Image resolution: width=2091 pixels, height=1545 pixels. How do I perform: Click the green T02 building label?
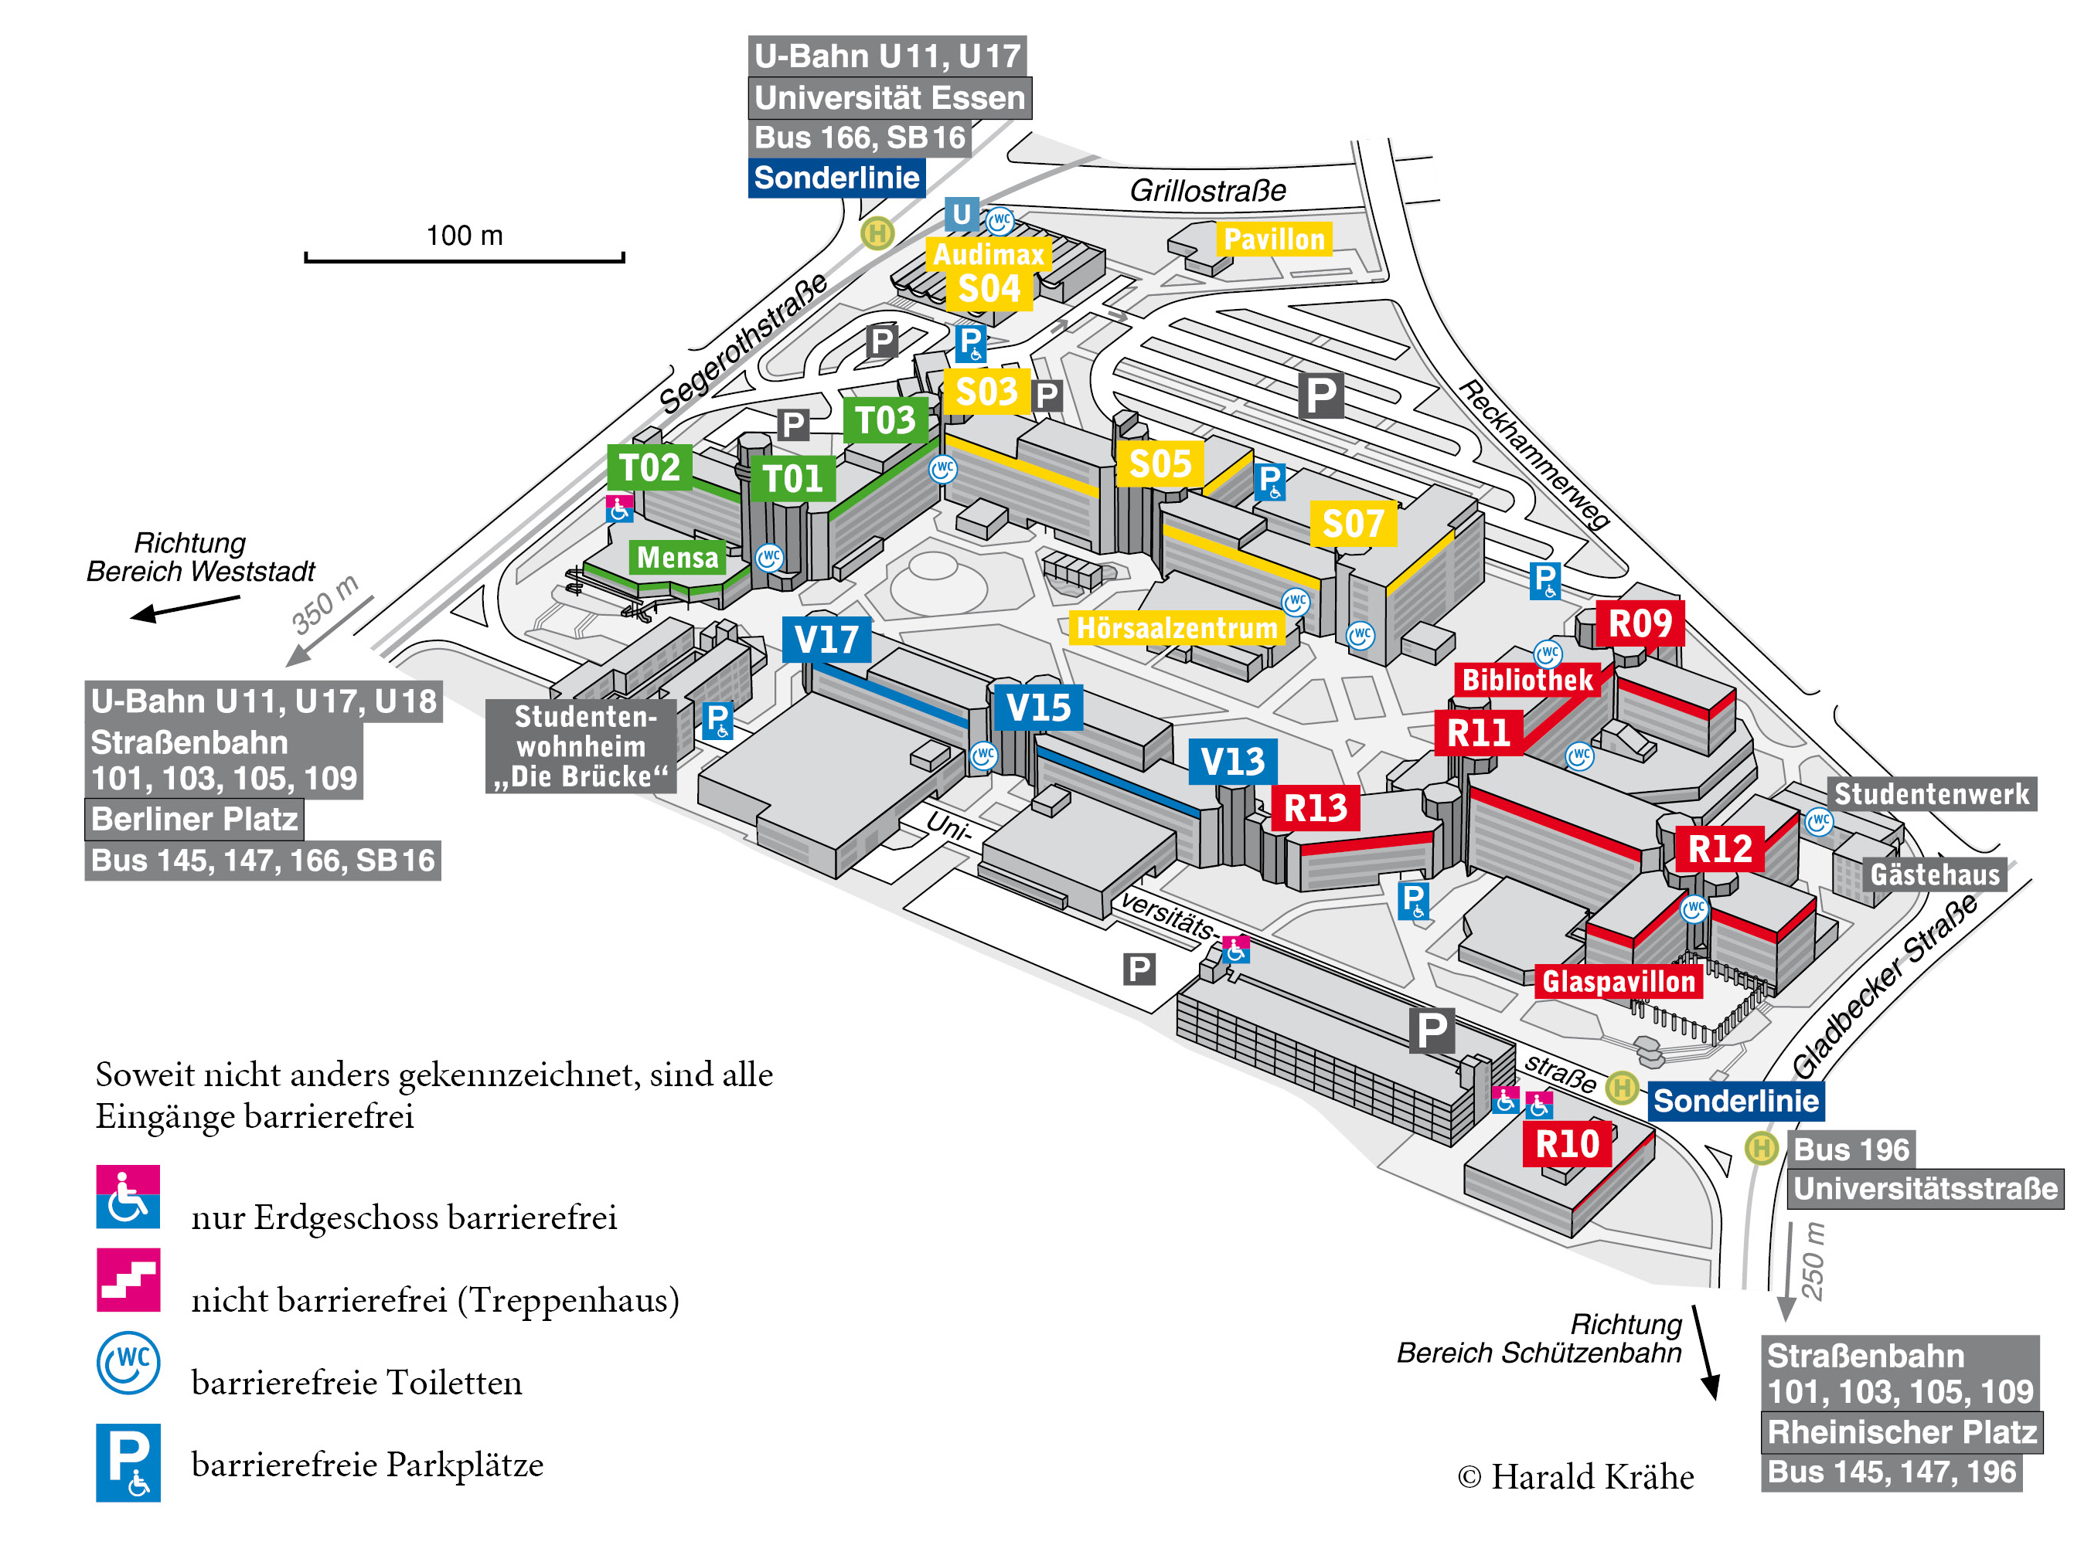(649, 467)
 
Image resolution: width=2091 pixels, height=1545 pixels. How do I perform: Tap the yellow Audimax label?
(987, 253)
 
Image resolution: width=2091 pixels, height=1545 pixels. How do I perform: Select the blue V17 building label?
(826, 640)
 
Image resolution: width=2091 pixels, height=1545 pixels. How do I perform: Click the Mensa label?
(676, 558)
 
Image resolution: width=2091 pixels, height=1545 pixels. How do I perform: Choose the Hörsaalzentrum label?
(1176, 627)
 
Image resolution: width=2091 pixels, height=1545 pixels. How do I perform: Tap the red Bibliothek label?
(1526, 680)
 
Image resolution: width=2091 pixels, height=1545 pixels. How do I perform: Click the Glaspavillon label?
(1618, 981)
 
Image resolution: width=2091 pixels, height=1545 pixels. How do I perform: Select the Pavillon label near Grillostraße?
(1273, 239)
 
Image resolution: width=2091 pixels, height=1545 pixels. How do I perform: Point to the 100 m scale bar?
(464, 256)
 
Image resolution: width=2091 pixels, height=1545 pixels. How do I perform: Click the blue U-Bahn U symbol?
(961, 214)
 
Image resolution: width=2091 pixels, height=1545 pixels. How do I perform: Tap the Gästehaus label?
(1934, 874)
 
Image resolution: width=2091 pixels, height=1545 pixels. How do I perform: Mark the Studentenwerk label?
(1931, 794)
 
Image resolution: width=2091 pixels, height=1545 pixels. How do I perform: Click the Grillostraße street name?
(1207, 191)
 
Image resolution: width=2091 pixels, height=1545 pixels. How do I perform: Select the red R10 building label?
(1567, 1144)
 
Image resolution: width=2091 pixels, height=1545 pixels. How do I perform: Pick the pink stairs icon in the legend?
(128, 1279)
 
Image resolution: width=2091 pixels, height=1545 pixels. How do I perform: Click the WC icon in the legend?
(128, 1363)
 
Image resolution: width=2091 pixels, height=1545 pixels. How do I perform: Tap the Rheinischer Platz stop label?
(1901, 1432)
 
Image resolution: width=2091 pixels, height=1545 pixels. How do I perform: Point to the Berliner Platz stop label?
(195, 820)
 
